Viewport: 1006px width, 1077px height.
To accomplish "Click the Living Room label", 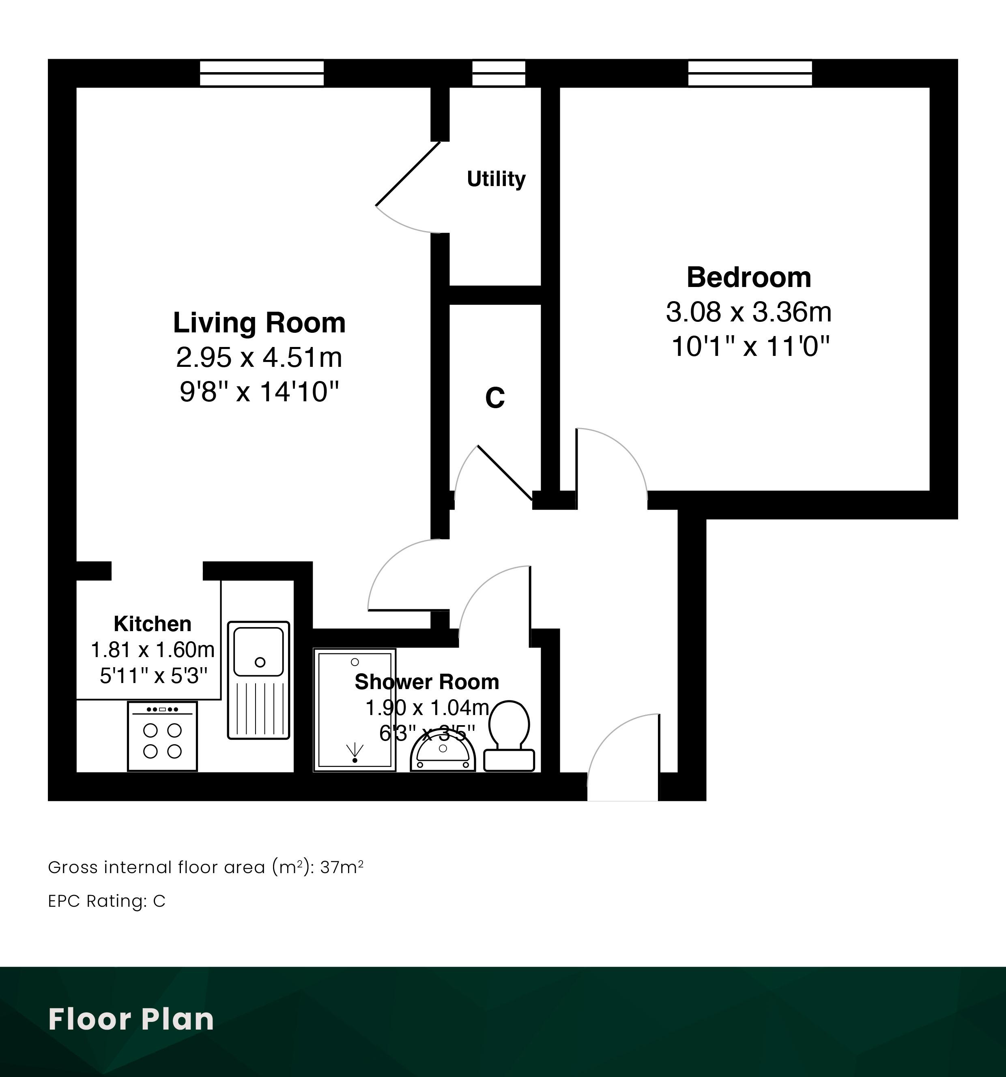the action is (x=259, y=323).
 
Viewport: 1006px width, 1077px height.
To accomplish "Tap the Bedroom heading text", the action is (x=748, y=277).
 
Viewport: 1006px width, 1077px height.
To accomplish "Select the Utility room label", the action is (x=496, y=179).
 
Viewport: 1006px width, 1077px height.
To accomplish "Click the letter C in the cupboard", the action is (x=495, y=398).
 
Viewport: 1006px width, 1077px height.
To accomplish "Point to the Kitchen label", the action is (x=152, y=624).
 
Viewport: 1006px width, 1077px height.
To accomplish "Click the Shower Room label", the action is (x=427, y=681).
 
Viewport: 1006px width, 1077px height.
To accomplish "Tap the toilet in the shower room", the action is (x=509, y=736).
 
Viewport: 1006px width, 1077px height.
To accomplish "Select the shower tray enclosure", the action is (x=355, y=710).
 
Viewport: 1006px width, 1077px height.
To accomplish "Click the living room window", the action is (x=262, y=73).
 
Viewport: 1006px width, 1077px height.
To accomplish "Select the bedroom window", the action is (x=750, y=73).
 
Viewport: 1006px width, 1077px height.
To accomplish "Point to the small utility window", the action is (x=499, y=73).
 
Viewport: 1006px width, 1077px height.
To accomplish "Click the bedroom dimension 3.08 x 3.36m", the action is (x=748, y=312).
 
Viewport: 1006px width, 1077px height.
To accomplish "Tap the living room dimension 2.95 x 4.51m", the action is (x=259, y=358).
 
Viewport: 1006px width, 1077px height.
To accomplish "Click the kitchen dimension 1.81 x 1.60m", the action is (x=152, y=649).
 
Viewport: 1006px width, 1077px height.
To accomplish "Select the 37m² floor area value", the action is (x=342, y=867).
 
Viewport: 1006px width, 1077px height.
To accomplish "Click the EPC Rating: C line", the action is (x=107, y=901).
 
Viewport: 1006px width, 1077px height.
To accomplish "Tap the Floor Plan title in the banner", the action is (x=131, y=1019).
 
